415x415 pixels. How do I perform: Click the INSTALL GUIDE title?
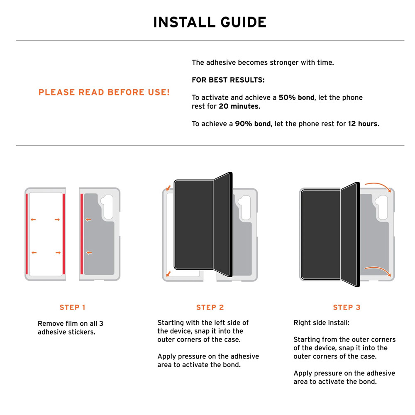coord(210,22)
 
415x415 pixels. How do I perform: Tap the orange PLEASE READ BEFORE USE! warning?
coord(104,92)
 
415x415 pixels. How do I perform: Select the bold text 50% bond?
coord(297,98)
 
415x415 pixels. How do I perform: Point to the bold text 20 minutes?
coord(239,106)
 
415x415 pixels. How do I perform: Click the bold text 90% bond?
coord(253,124)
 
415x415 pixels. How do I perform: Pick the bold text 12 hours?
coord(364,124)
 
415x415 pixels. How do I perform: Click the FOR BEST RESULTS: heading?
coord(228,80)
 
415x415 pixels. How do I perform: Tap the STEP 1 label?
coord(72,307)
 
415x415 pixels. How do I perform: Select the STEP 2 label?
coord(210,307)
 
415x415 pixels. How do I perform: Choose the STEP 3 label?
coord(347,307)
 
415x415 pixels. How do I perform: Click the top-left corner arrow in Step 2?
coord(168,188)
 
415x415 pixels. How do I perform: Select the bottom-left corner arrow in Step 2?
coord(168,274)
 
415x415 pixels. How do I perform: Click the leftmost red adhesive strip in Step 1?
coord(27,234)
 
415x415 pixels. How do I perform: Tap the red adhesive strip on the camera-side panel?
coord(82,234)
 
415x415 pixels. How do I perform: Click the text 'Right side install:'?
coord(321,322)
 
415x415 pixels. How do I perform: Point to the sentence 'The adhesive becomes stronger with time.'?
coord(263,63)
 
